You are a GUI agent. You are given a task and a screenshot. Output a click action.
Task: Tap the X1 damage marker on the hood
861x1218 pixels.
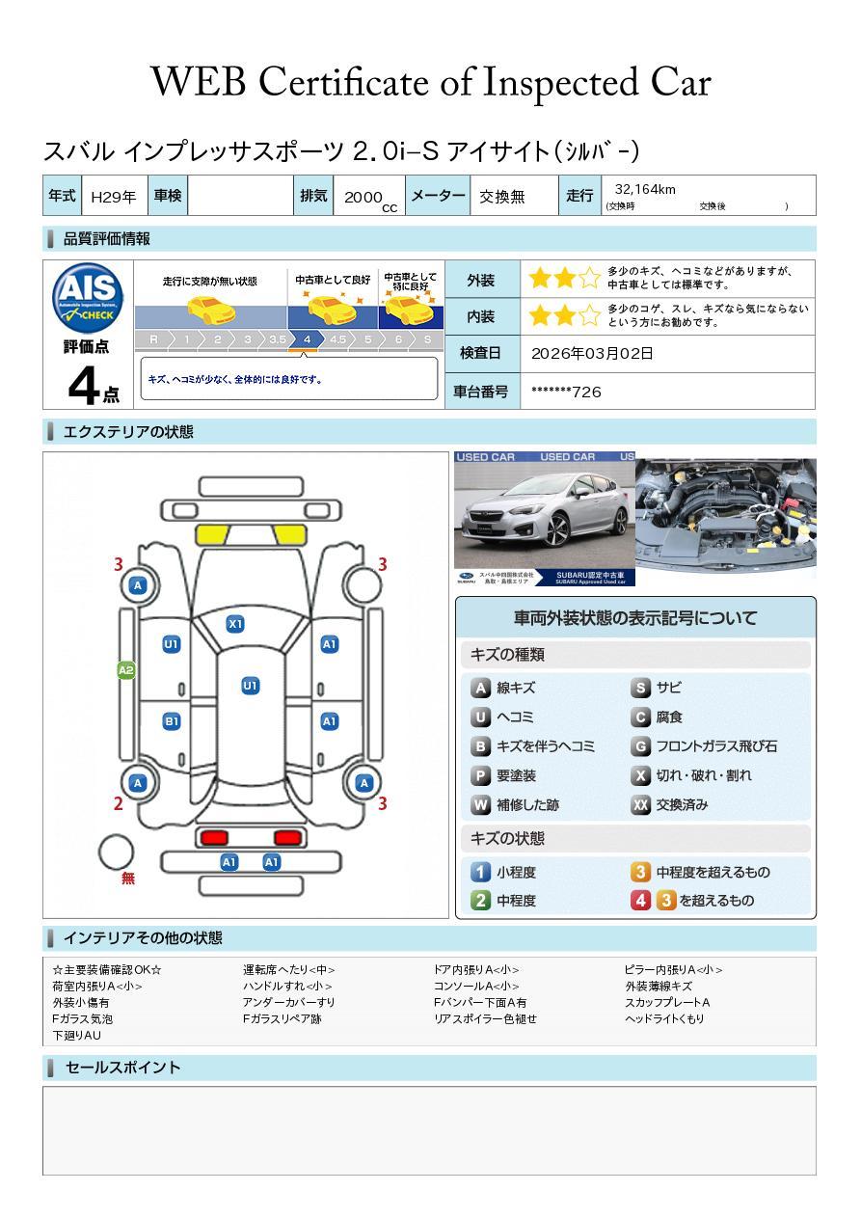pyautogui.click(x=235, y=624)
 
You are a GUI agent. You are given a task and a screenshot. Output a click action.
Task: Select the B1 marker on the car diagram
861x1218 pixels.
pyautogui.click(x=172, y=721)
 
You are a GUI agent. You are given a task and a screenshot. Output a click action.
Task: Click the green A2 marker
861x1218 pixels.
pyautogui.click(x=126, y=670)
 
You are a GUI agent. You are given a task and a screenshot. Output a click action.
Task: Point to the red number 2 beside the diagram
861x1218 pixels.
pyautogui.click(x=119, y=803)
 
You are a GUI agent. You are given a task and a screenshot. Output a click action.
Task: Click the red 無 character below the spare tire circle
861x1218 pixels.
pyautogui.click(x=128, y=879)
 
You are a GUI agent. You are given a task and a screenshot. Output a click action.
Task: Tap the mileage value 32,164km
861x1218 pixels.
pyautogui.click(x=645, y=190)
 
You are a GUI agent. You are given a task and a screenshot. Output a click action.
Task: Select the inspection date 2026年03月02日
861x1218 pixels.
pyautogui.click(x=592, y=354)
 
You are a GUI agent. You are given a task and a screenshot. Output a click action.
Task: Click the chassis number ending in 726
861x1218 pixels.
pyautogui.click(x=566, y=392)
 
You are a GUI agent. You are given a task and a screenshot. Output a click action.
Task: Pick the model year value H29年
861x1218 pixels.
pyautogui.click(x=113, y=197)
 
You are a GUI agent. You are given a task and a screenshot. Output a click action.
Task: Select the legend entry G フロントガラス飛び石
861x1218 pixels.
pyautogui.click(x=704, y=746)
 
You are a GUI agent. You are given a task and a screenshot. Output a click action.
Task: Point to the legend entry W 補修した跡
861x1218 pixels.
pyautogui.click(x=515, y=805)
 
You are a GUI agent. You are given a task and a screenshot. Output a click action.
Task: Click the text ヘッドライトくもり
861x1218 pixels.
pyautogui.click(x=664, y=1018)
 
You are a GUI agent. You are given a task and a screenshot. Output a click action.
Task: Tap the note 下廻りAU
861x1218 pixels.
pyautogui.click(x=76, y=1036)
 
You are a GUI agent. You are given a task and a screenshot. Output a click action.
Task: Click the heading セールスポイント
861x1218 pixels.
pyautogui.click(x=122, y=1068)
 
